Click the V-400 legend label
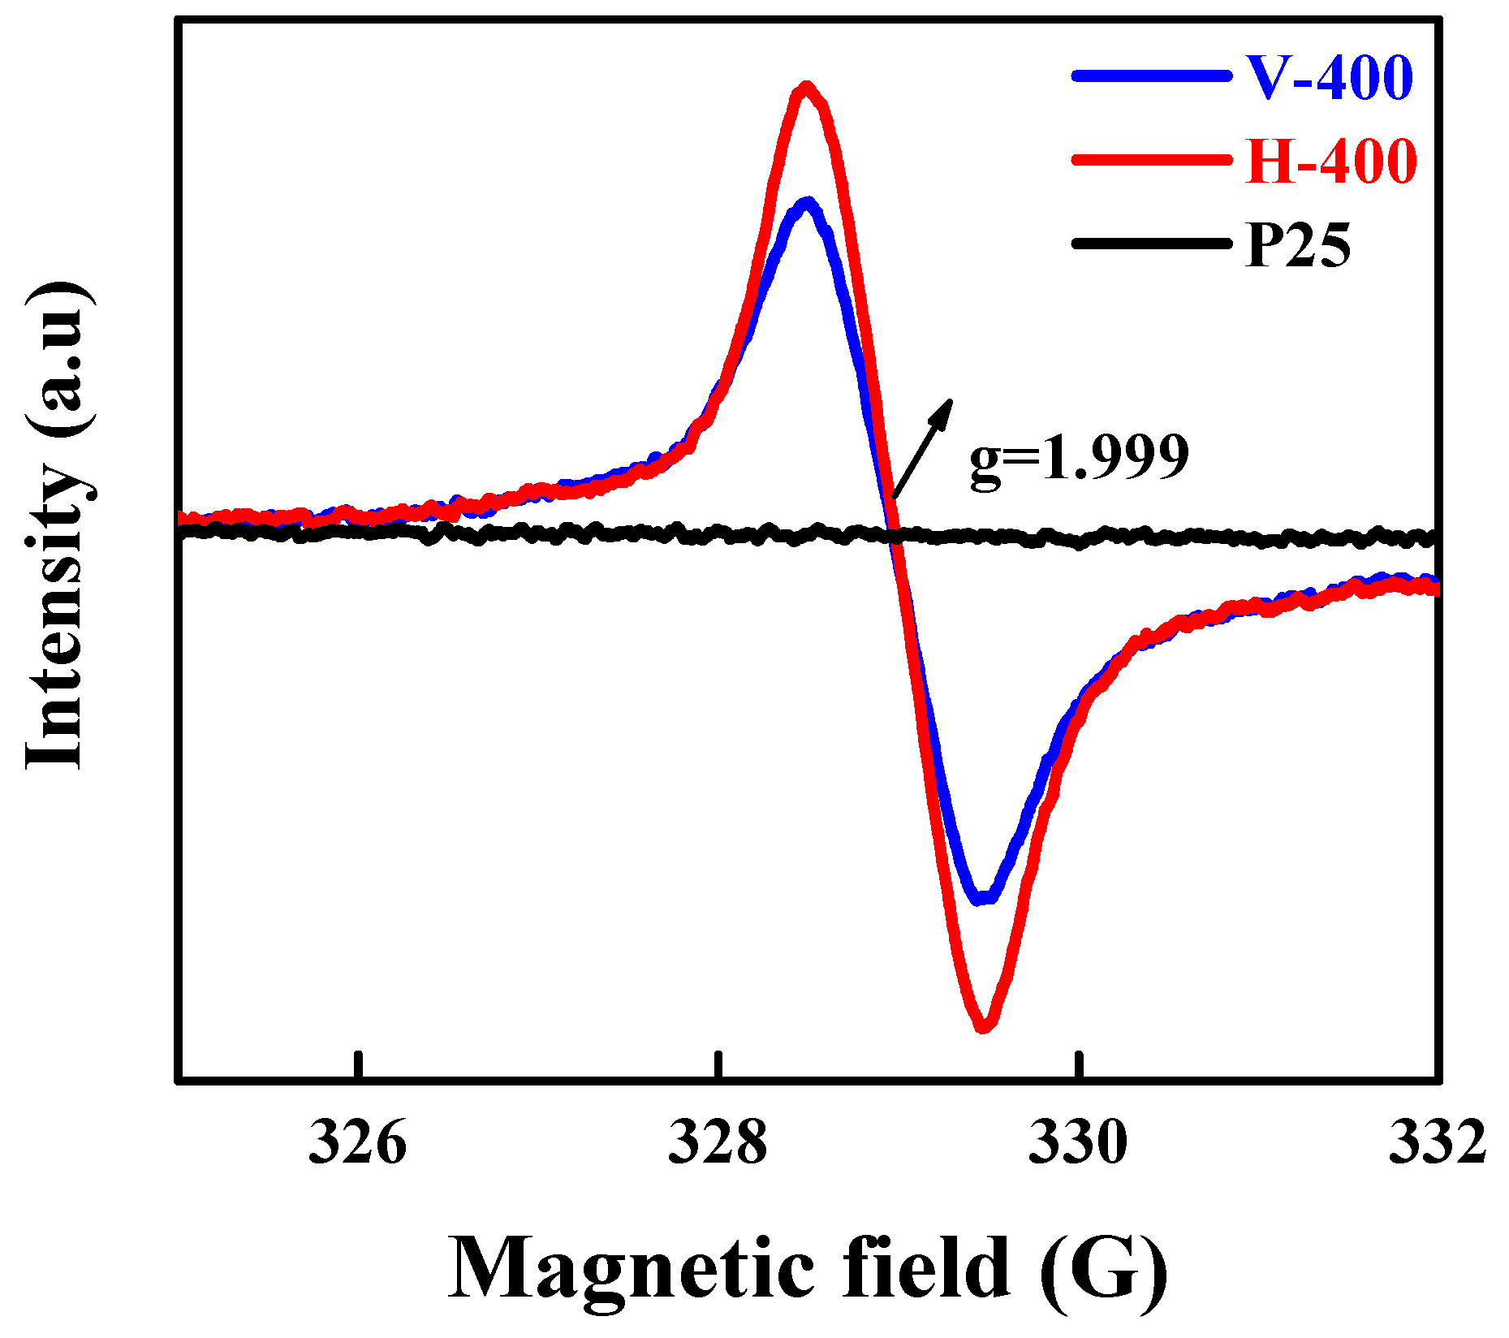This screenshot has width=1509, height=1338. click(x=1329, y=79)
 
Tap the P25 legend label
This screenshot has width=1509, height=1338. click(x=1297, y=245)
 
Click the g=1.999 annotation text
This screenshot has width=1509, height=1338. click(x=1079, y=459)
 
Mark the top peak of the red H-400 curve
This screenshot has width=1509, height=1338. click(x=806, y=88)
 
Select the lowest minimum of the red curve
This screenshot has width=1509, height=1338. click(x=983, y=1025)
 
